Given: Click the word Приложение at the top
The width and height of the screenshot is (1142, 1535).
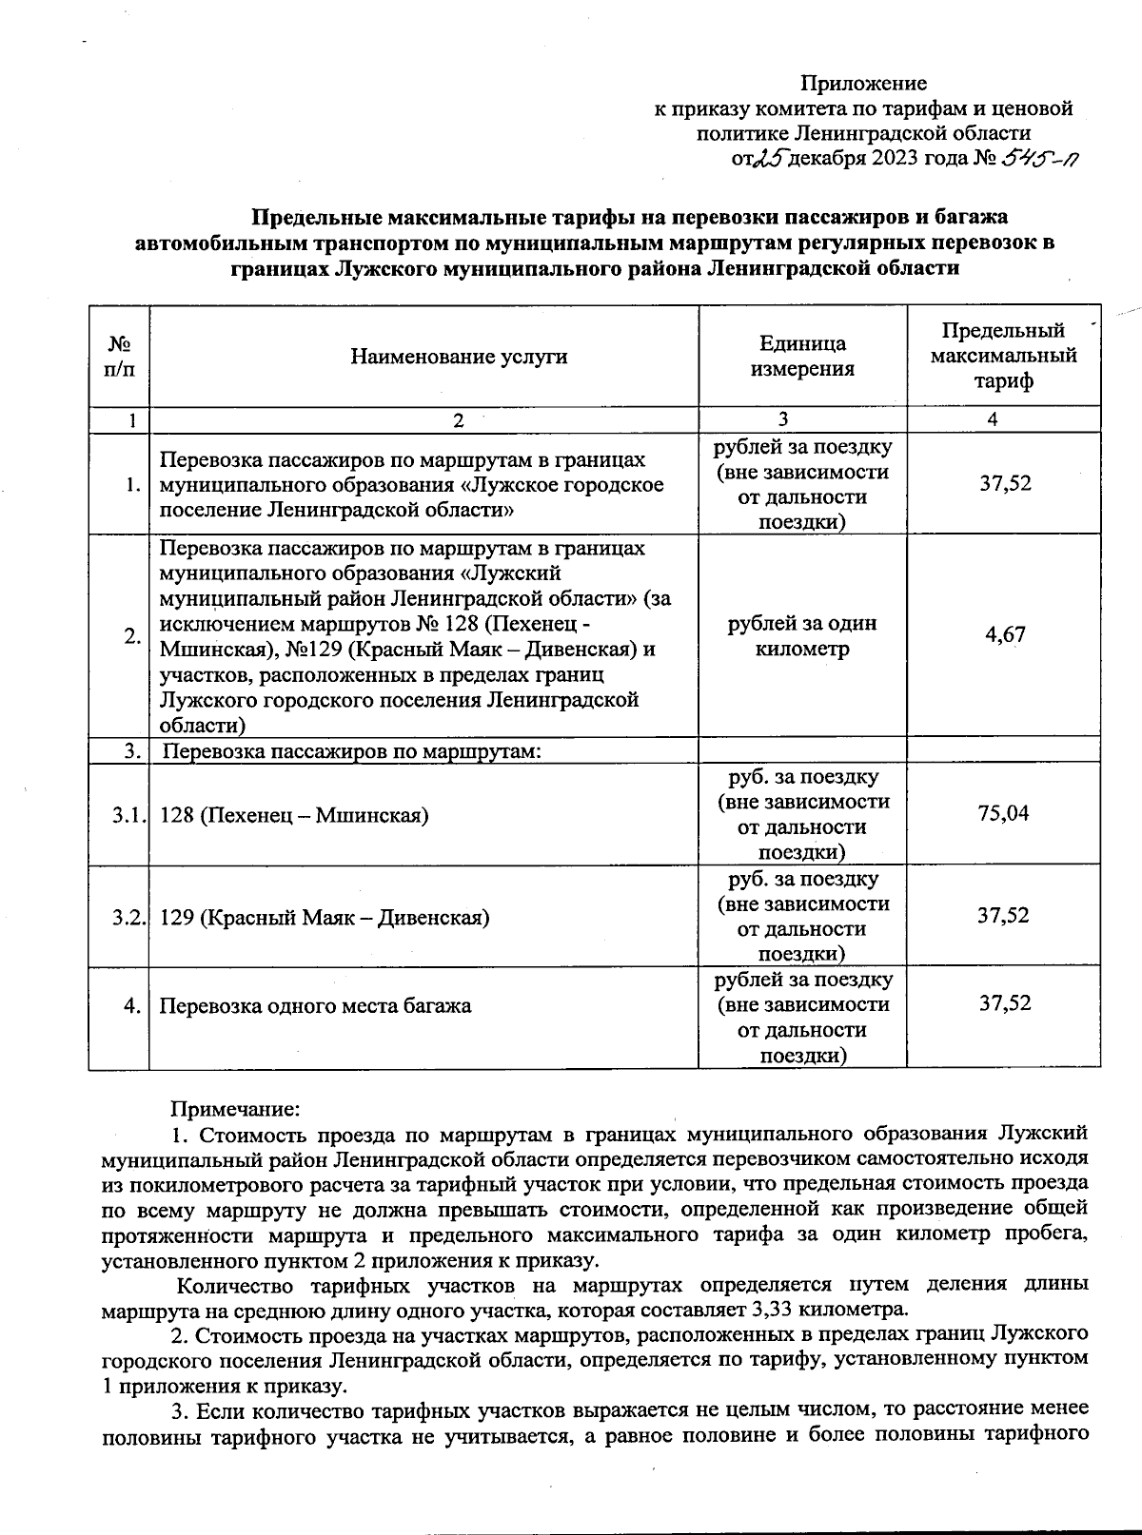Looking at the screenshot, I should click(862, 84).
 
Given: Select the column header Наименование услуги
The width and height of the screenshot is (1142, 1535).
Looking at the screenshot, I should click(459, 357).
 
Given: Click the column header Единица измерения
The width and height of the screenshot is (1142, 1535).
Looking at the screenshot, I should click(802, 357).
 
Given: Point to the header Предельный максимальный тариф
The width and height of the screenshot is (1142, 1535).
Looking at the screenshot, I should click(1003, 356).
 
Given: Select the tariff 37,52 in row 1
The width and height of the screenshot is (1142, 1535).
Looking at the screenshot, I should click(1005, 484).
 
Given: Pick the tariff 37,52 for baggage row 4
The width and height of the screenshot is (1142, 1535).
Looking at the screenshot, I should click(1005, 1004).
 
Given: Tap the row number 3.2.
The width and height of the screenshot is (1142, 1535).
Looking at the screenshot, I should click(128, 918).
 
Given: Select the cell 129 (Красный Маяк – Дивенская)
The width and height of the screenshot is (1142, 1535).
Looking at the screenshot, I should click(325, 918).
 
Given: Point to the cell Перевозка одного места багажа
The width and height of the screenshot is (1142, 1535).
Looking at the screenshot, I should click(314, 1006).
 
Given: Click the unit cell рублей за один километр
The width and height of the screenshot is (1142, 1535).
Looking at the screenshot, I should click(801, 636).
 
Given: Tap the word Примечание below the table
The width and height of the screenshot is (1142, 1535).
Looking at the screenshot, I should click(234, 1109).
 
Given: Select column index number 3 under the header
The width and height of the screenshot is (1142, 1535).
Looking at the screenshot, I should click(782, 420).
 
